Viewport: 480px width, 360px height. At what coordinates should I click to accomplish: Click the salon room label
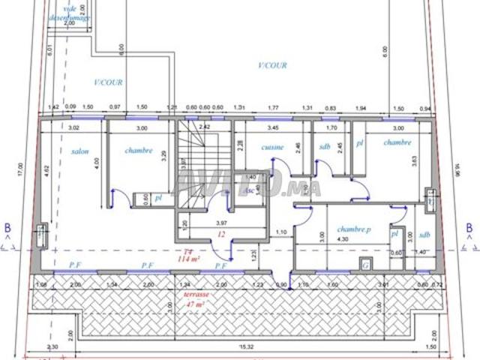coord(80,151)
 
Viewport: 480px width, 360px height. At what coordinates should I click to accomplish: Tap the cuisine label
coord(272,148)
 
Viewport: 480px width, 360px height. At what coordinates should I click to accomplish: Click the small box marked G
coord(365,265)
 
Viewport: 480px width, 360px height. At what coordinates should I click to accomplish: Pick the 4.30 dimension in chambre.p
coord(343,238)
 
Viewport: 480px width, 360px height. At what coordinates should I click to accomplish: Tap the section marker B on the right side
coord(467,227)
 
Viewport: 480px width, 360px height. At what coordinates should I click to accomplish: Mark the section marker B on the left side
coord(8,227)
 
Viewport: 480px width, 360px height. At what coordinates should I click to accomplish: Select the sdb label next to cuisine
coord(324,147)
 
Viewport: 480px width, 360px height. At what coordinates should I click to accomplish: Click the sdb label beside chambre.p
coord(424,234)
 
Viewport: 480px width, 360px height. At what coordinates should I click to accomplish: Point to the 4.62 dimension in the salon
coord(46,169)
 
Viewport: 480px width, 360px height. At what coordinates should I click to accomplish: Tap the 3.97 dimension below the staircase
coord(220,223)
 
